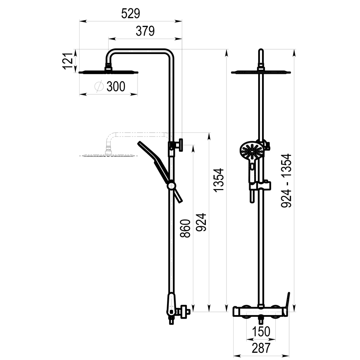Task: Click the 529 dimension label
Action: (x=130, y=14)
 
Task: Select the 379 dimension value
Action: (x=145, y=31)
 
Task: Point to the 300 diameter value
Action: (x=116, y=86)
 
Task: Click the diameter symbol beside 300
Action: (x=99, y=86)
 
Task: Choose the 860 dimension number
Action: (x=184, y=229)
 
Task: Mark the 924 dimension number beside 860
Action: (x=201, y=222)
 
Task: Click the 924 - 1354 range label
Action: (x=286, y=181)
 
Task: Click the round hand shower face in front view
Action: (x=250, y=151)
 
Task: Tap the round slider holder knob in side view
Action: (x=171, y=186)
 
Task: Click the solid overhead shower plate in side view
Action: (x=108, y=72)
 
